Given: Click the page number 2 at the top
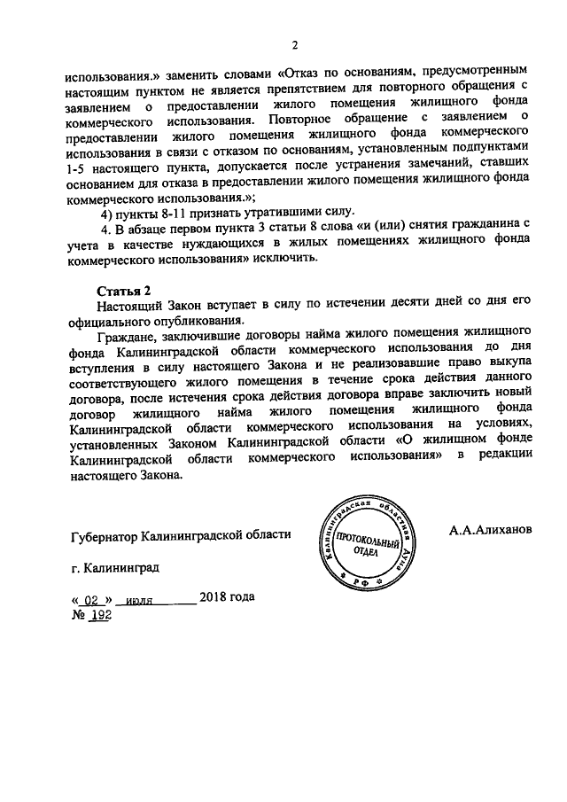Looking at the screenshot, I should pyautogui.click(x=296, y=46).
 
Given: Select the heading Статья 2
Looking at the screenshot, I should pyautogui.click(x=124, y=291).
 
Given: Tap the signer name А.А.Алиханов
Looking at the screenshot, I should pyautogui.click(x=490, y=530).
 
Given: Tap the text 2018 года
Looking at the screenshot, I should pyautogui.click(x=227, y=596).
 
